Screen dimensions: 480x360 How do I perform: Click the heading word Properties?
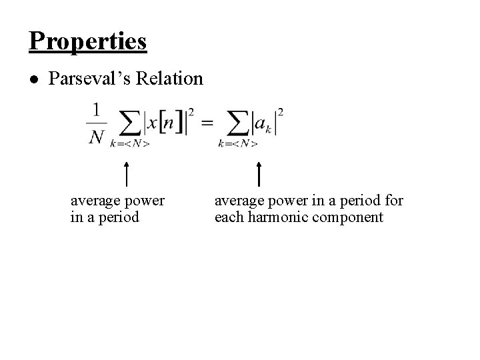point(88,41)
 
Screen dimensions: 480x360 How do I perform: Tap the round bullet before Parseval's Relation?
point(34,79)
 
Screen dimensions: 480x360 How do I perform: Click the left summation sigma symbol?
point(129,123)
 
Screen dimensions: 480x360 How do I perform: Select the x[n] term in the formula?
point(164,123)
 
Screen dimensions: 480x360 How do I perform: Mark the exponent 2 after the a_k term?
point(281,111)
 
